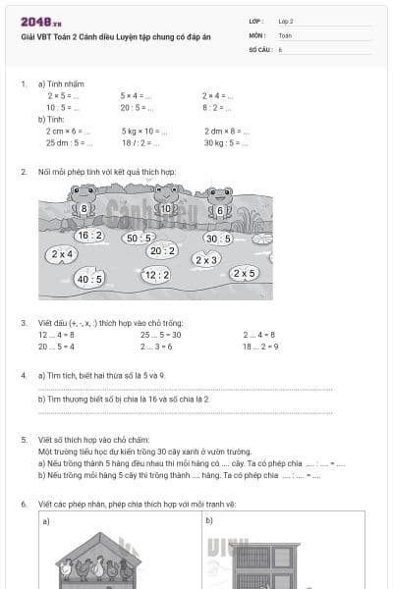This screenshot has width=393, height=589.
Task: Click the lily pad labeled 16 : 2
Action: (x=89, y=236)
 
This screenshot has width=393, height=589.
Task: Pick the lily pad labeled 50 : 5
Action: (x=139, y=238)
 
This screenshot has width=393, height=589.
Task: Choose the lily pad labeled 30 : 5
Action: (x=218, y=238)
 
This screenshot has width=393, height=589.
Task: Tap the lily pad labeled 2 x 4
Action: (x=61, y=254)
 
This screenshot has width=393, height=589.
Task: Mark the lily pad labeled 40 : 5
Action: (x=89, y=279)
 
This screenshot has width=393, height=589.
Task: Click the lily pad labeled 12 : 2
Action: (x=155, y=276)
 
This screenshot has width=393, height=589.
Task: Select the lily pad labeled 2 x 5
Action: (x=244, y=274)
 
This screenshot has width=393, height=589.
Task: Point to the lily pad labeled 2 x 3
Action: (x=206, y=260)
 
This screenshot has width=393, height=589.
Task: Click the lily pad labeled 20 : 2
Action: (x=161, y=250)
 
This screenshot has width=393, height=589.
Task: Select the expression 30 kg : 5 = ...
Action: (x=222, y=142)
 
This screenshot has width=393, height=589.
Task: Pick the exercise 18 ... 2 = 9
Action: (x=260, y=346)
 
